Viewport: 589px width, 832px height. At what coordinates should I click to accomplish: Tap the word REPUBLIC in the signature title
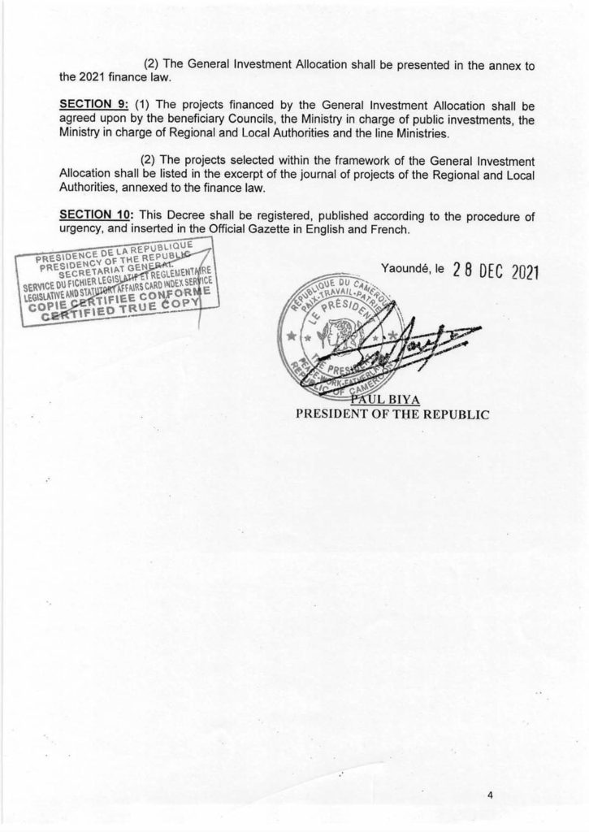(453, 413)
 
